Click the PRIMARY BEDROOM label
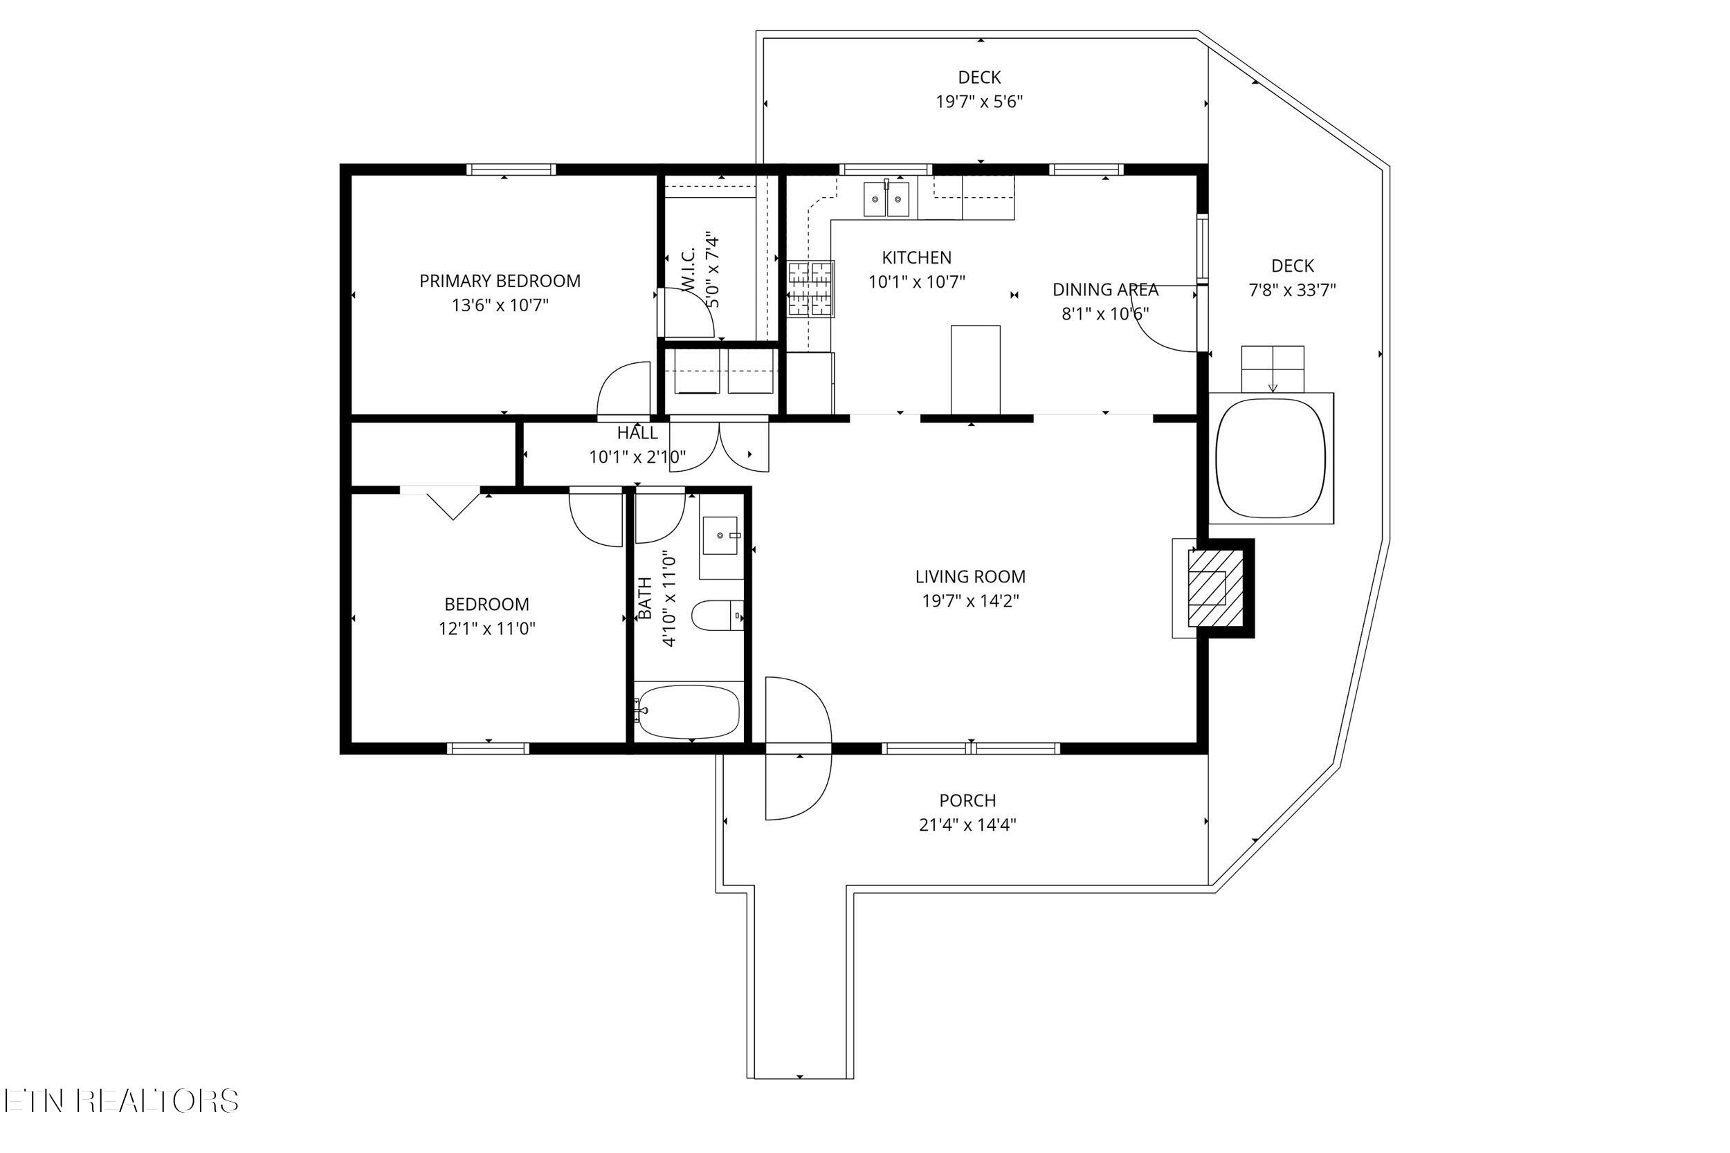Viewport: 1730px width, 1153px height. coord(500,281)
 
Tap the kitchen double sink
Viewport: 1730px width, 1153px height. coord(886,199)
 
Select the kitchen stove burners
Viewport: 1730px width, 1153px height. coord(810,289)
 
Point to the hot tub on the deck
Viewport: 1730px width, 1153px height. coord(1271,458)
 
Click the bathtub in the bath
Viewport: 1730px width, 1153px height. coord(688,712)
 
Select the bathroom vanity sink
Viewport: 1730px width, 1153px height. coord(720,535)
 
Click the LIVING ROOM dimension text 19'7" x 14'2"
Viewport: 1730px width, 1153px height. coord(970,601)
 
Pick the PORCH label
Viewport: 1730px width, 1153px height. coord(967,800)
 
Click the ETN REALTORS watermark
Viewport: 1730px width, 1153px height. coord(121,1101)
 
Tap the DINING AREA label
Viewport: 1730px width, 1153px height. coord(1105,290)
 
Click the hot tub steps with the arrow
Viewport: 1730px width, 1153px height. coord(1273,369)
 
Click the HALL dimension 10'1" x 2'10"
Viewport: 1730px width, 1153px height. coord(637,457)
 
